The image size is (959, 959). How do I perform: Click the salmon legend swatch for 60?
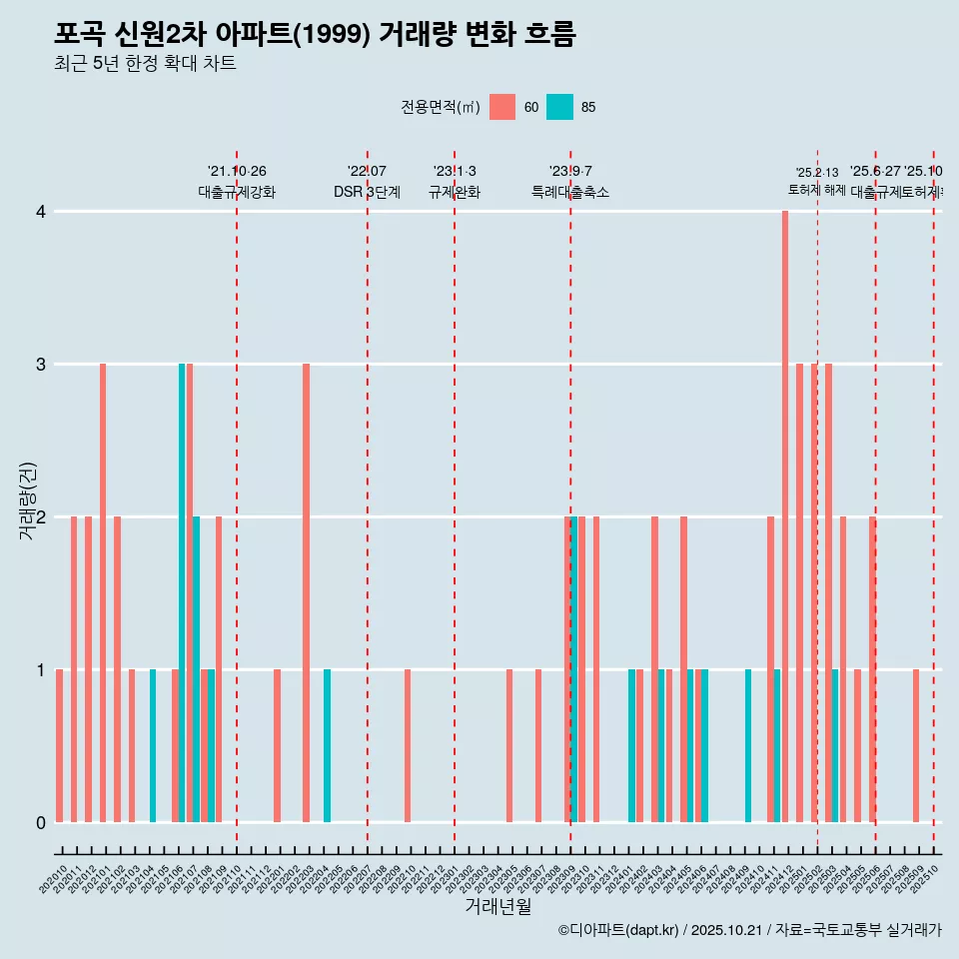click(x=502, y=107)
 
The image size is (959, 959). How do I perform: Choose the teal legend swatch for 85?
click(x=559, y=107)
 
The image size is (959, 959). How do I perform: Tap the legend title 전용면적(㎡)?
click(x=440, y=107)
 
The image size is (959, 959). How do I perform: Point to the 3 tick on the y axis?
click(x=41, y=364)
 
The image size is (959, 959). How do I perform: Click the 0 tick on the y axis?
click(x=41, y=822)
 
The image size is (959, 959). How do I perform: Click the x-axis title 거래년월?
click(x=497, y=906)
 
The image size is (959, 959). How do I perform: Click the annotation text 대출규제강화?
click(x=236, y=192)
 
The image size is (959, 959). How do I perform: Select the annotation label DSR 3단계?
click(x=367, y=192)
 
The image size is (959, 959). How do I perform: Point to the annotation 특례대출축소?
click(x=569, y=192)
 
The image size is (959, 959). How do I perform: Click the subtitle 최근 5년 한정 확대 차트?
click(x=145, y=64)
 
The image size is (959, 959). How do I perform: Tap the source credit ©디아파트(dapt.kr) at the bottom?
click(x=619, y=930)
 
